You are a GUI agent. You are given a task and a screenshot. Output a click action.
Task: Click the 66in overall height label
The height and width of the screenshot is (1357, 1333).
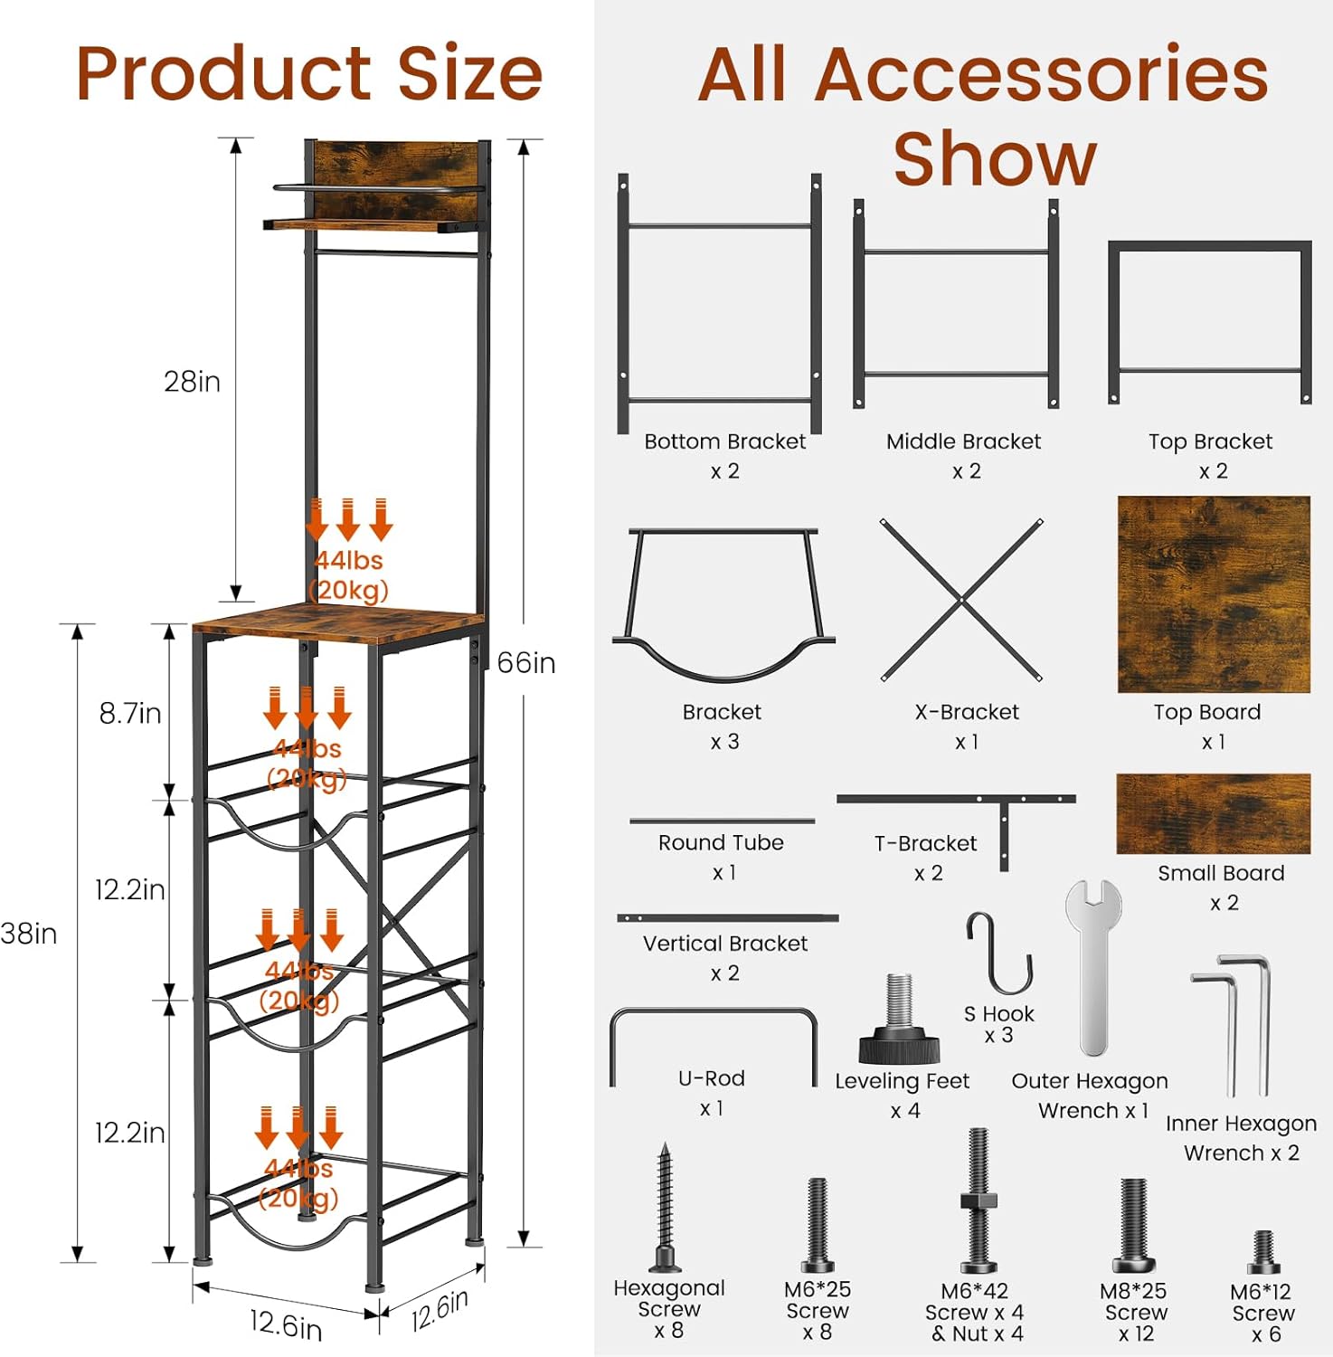526,663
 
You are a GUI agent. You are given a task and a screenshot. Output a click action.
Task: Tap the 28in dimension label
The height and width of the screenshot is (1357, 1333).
192,382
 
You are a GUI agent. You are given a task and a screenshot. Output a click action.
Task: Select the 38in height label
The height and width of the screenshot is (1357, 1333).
28,934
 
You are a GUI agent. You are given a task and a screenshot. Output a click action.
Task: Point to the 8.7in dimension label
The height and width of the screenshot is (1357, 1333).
130,714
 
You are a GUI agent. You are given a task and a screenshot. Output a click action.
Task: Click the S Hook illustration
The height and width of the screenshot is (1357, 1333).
999,953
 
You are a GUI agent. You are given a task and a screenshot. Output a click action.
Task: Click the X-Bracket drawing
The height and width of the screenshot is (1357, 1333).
961,600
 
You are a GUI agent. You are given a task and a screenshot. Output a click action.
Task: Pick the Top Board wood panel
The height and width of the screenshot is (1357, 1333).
1214,594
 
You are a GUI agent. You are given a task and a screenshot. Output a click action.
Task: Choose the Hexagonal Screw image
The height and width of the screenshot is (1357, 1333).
665,1208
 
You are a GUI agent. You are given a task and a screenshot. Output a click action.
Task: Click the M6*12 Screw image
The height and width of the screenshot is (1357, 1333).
1263,1253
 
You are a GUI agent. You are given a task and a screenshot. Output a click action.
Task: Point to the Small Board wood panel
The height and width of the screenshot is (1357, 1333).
1213,813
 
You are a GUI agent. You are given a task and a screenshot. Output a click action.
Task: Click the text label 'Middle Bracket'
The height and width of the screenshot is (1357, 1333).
963,441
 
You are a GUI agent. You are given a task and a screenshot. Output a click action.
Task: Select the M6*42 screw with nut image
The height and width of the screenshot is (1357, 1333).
978,1201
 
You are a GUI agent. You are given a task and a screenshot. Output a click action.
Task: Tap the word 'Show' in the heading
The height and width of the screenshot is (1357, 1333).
995,159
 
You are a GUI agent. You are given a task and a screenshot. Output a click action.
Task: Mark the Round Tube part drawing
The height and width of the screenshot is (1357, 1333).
722,821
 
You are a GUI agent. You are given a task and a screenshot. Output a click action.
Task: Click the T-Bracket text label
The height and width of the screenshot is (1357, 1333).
925,844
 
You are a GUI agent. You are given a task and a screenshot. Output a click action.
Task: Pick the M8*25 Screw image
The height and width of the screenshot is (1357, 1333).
1133,1226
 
